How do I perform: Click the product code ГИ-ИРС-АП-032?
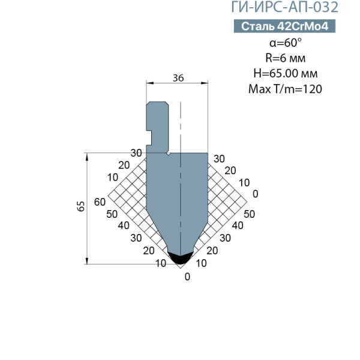click(284, 7)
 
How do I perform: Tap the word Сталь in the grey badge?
click(258, 26)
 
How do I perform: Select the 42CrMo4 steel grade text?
click(303, 26)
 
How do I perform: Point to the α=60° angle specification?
click(286, 43)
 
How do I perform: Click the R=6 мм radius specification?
click(286, 58)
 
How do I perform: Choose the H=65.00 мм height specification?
click(286, 73)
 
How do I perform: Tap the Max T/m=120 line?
click(285, 89)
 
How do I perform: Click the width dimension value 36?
click(178, 78)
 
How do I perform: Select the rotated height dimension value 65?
click(81, 206)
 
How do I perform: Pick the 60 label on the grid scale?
click(100, 202)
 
